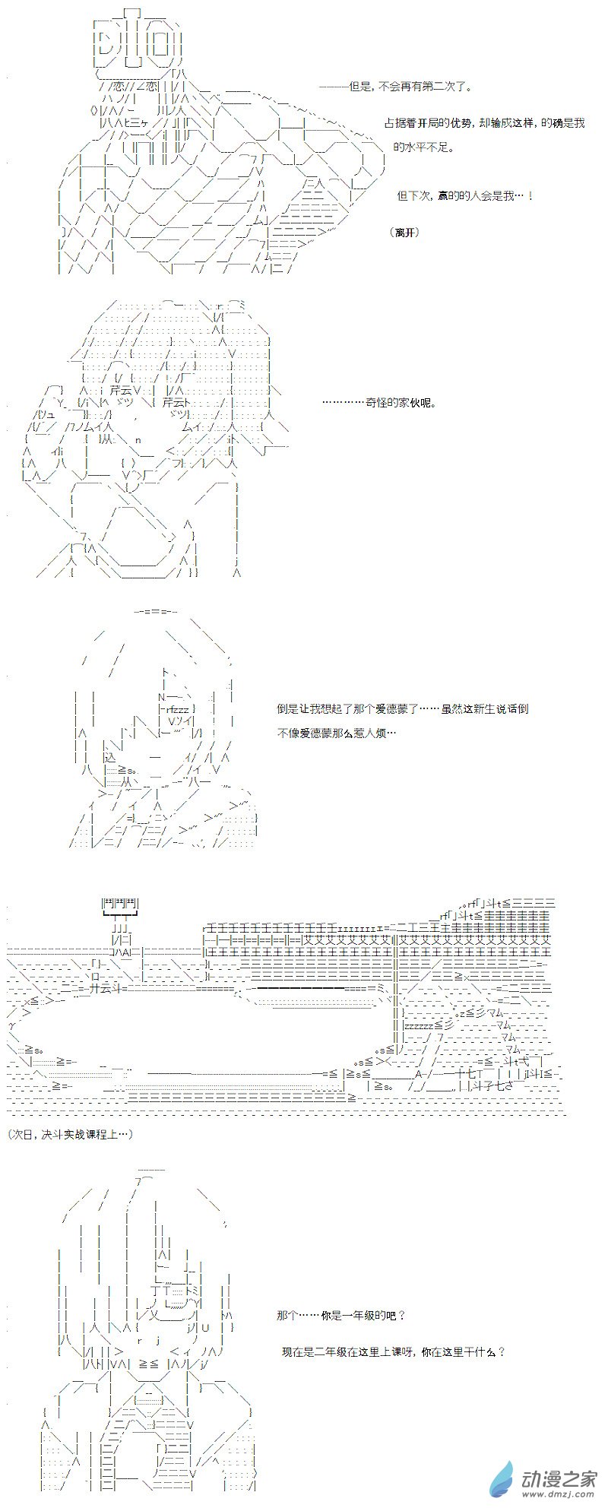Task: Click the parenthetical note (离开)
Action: (407, 232)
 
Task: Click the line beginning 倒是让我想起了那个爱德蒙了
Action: (403, 709)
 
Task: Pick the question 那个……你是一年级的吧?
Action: (341, 1316)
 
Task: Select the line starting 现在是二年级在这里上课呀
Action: (393, 1352)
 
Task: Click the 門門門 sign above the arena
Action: (119, 904)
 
